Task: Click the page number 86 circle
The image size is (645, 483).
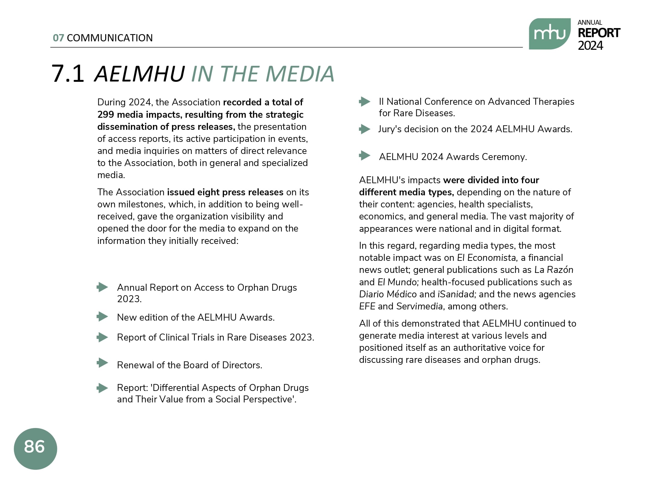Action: [35, 448]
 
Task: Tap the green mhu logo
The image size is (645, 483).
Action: [549, 34]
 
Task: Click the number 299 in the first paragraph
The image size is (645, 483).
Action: [105, 115]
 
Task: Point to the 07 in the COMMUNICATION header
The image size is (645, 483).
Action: [58, 38]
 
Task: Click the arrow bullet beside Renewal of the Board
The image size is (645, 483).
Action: [102, 363]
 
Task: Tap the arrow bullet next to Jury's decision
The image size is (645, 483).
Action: [365, 129]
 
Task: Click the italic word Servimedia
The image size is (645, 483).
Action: [420, 306]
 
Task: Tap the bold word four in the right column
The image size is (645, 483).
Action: [530, 180]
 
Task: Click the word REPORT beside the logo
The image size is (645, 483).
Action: [599, 33]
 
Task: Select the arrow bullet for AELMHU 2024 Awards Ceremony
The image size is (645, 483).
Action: [365, 156]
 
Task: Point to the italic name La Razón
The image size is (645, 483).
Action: [554, 270]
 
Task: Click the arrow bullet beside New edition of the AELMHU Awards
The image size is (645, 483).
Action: [102, 317]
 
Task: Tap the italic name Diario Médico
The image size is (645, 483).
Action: [388, 294]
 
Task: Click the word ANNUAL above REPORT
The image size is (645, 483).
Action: [590, 23]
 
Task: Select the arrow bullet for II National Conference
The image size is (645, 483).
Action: [365, 102]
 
